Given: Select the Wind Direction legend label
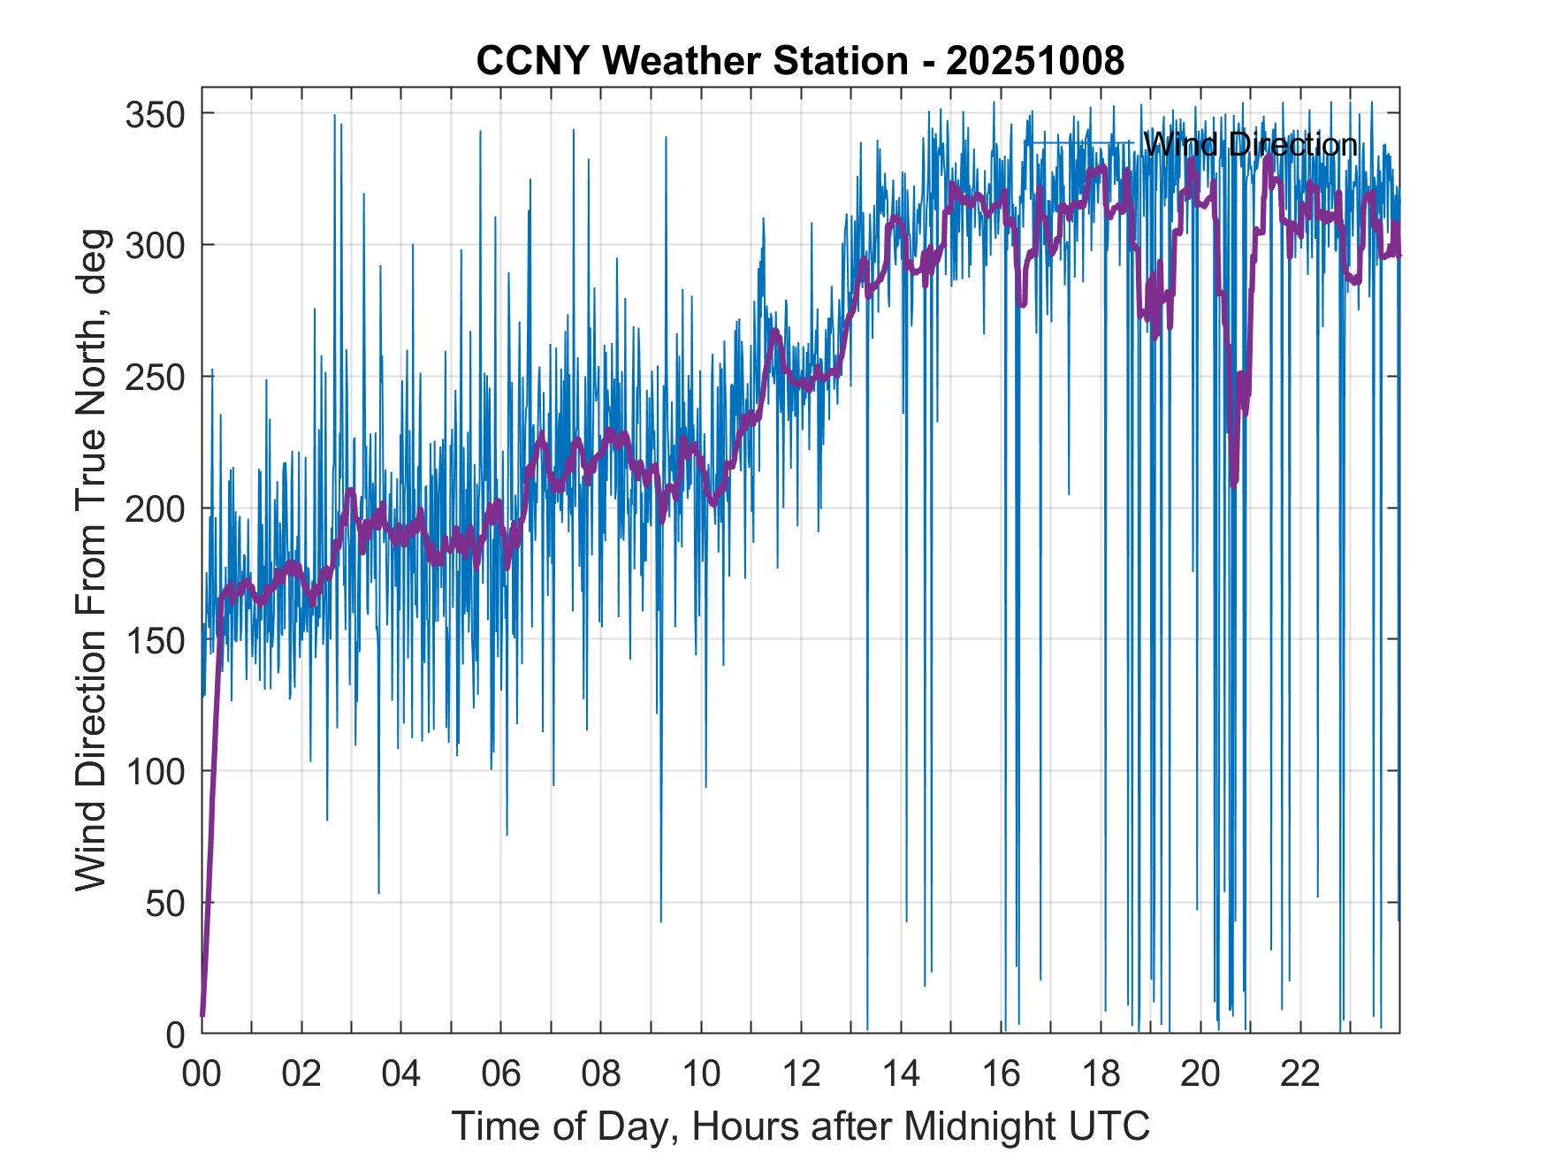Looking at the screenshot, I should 1249,144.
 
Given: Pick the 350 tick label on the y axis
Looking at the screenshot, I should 154,114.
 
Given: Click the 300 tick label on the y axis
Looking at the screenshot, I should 154,245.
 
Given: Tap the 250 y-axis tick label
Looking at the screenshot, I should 154,377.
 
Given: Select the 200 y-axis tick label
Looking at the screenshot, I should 154,508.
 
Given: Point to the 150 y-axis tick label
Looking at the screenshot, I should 154,639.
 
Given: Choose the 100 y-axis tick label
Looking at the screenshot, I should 154,771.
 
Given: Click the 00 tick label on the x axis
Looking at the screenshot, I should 202,1075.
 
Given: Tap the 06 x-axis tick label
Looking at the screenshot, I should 501,1075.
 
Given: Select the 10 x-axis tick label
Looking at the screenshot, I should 701,1075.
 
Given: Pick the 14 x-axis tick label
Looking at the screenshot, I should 901,1075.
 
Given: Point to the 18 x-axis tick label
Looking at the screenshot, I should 1101,1075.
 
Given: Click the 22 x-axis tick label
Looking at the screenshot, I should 1300,1075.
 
